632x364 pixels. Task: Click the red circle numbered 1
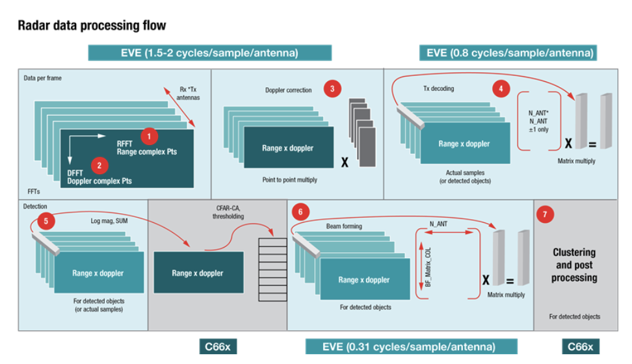(x=150, y=136)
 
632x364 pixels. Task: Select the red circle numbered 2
(x=99, y=165)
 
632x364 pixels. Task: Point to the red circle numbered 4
(x=500, y=88)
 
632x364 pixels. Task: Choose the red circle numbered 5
(x=46, y=222)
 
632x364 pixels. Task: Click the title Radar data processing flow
(x=92, y=26)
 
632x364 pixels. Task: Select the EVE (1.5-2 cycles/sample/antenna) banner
(x=209, y=53)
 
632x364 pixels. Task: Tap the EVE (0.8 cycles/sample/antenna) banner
(x=508, y=53)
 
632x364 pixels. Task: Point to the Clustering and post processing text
(x=574, y=265)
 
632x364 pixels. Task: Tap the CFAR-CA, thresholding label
(x=228, y=212)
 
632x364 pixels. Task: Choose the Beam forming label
(x=343, y=226)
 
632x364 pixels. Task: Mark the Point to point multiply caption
(x=291, y=179)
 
